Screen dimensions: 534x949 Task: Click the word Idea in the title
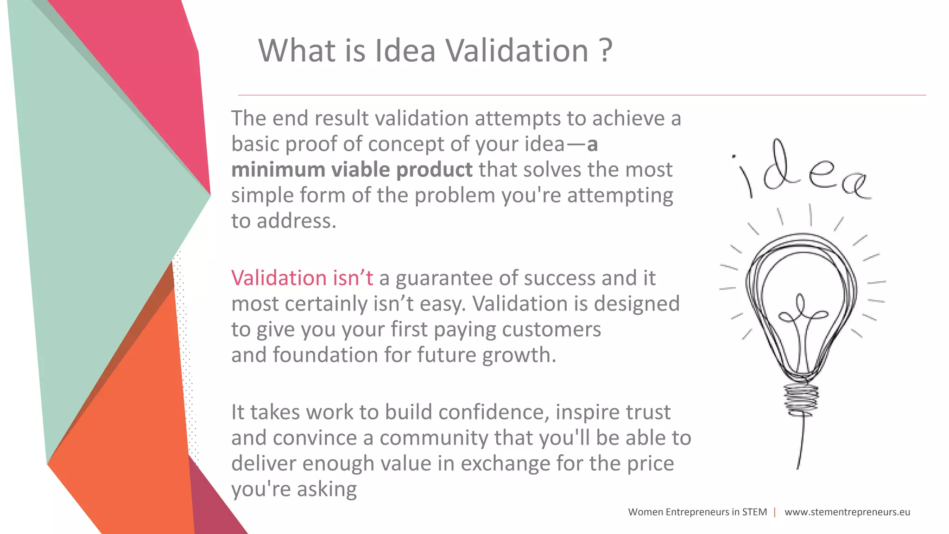click(405, 51)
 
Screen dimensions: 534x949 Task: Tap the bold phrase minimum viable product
click(352, 170)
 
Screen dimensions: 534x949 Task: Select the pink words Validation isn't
click(302, 278)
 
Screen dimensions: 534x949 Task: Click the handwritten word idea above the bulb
click(802, 174)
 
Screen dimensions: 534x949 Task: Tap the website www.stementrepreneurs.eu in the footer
click(847, 512)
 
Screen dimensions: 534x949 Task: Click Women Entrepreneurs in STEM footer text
click(697, 512)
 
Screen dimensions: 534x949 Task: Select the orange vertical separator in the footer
click(775, 512)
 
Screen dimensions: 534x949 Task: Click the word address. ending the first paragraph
click(296, 221)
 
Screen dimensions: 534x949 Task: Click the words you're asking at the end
click(294, 489)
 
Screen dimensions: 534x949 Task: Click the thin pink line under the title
click(582, 95)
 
